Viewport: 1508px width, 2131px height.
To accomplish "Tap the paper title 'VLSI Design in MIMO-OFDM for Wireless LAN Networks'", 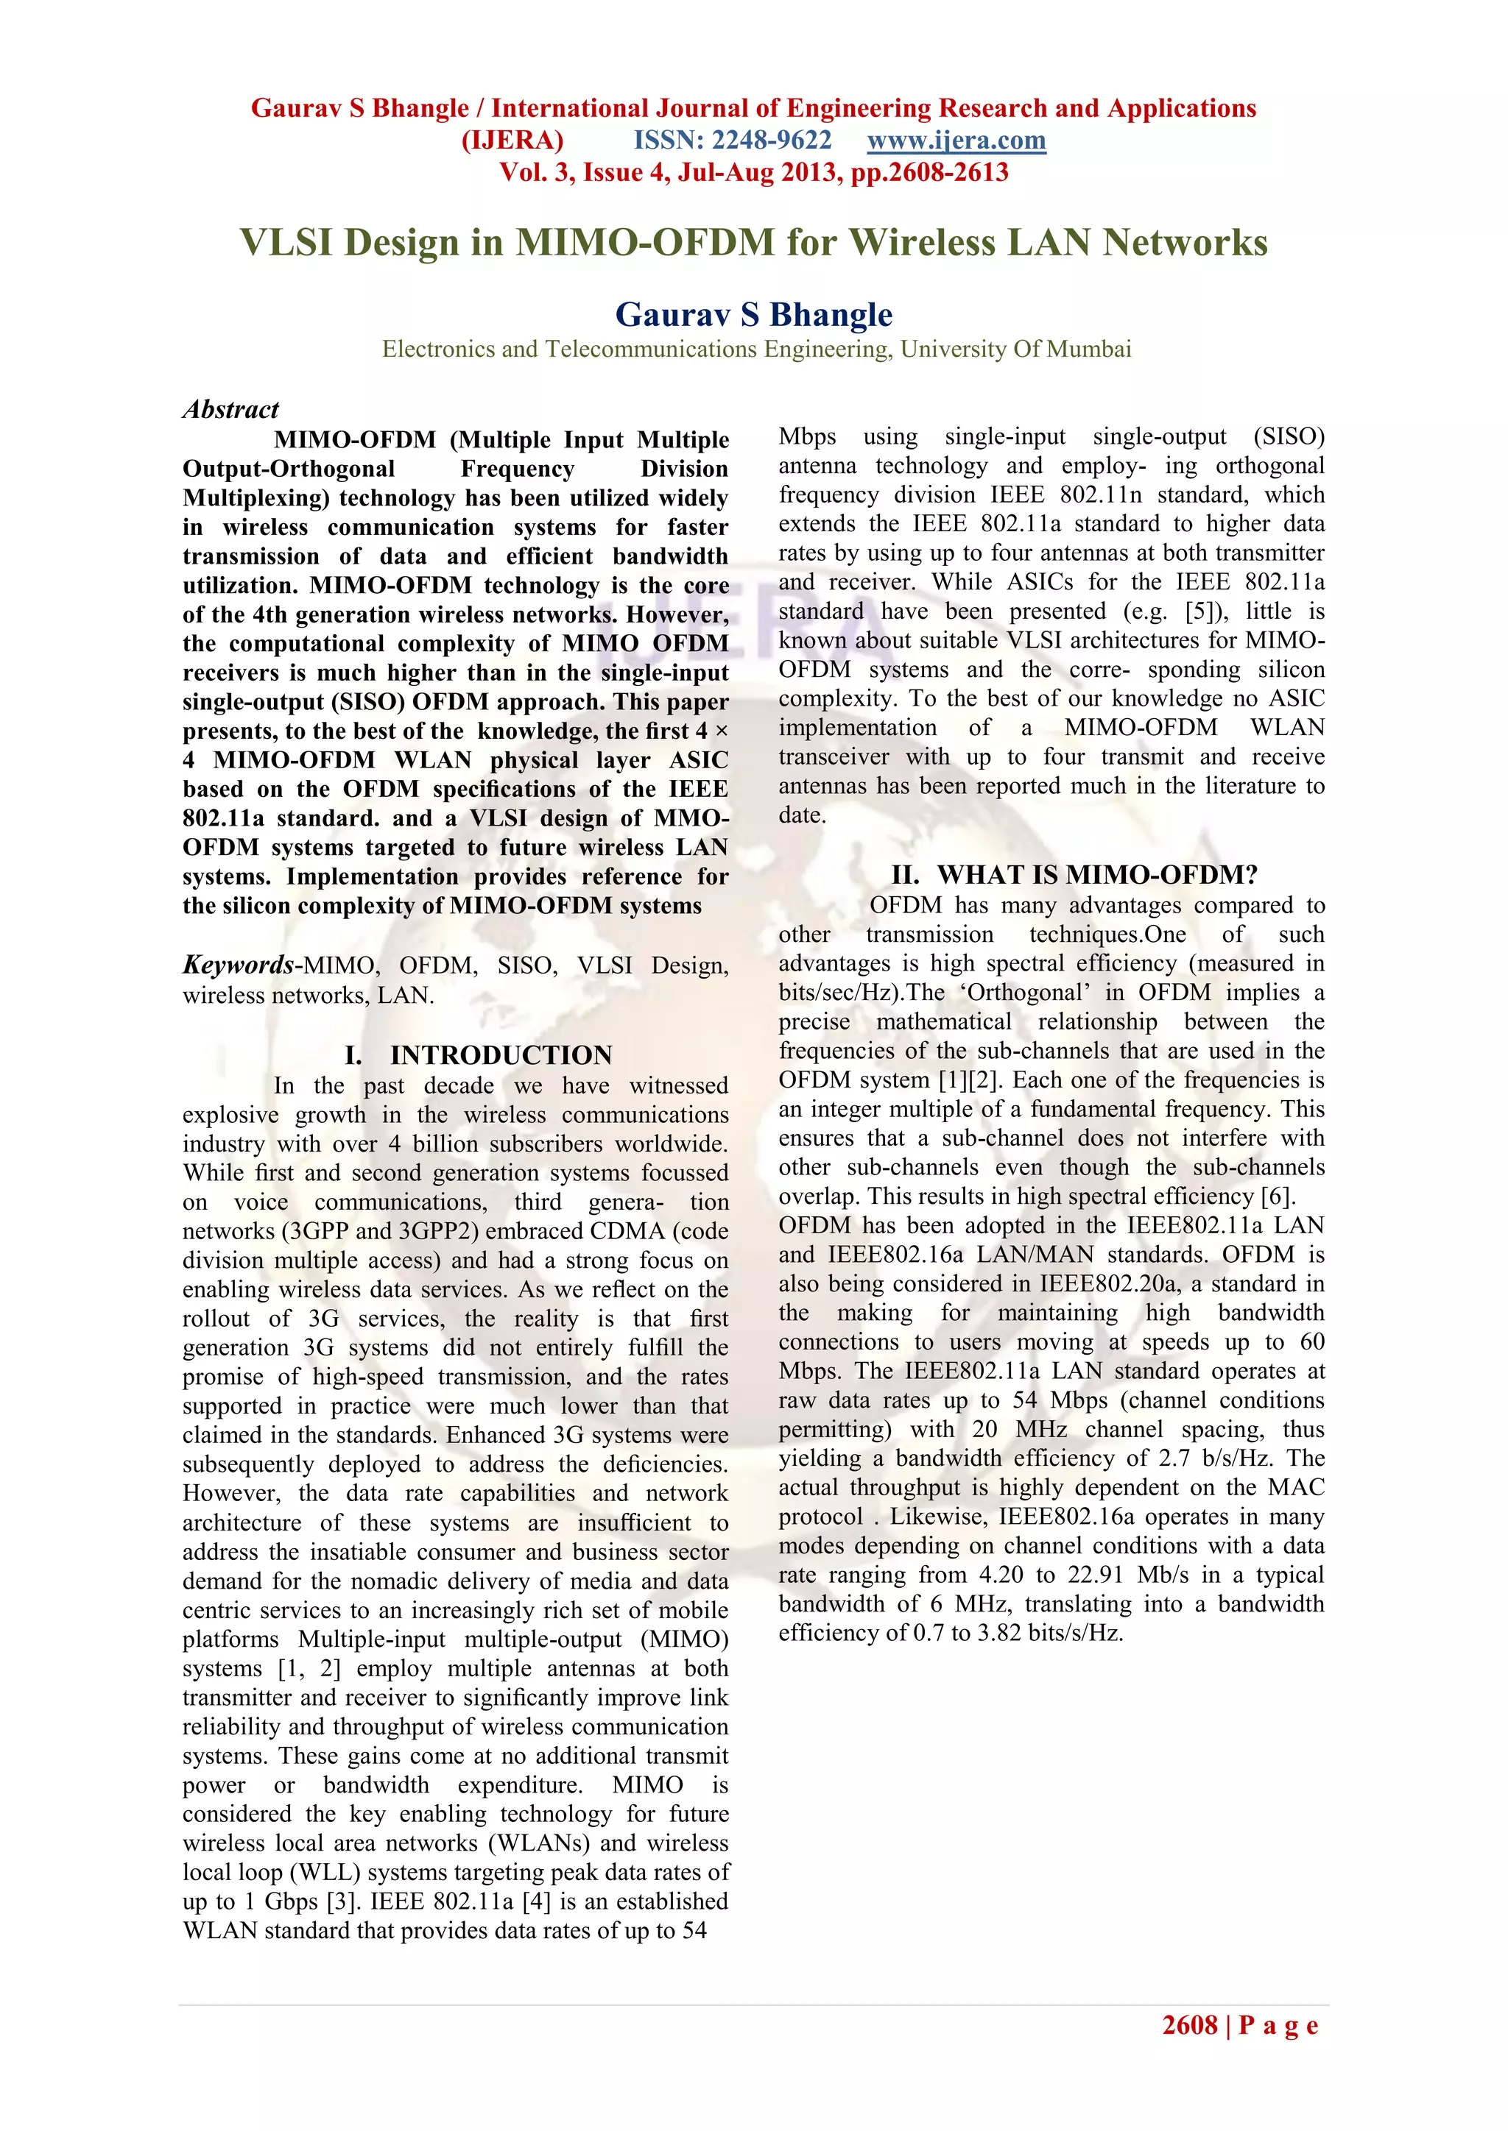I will coord(753,242).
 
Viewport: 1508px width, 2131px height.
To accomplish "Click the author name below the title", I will coord(753,315).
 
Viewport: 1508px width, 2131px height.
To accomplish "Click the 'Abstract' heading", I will coord(230,409).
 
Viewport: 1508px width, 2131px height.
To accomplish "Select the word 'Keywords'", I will coord(238,965).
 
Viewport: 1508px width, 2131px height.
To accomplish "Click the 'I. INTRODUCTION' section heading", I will coord(477,1055).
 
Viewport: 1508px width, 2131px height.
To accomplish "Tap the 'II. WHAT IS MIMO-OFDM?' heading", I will coord(1074,875).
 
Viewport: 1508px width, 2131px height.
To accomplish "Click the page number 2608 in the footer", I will coord(1189,2025).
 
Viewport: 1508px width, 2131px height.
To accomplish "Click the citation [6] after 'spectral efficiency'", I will coord(1277,1196).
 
